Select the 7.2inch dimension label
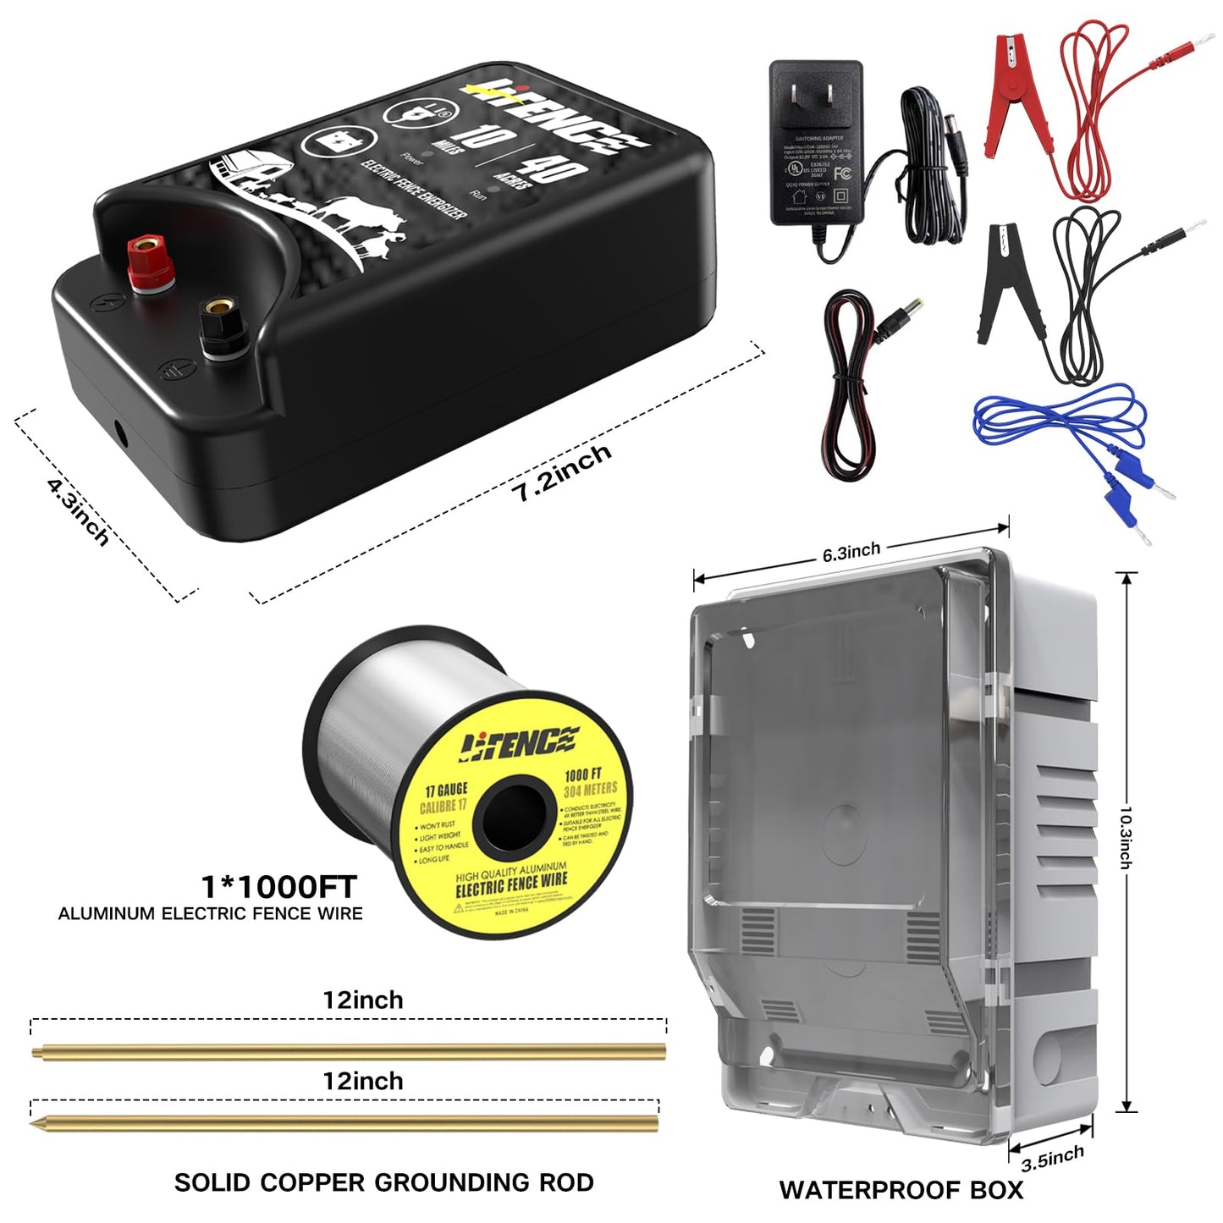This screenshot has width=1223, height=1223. pos(561,472)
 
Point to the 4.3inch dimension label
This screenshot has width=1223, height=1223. pos(79,511)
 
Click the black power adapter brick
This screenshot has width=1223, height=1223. pos(815,144)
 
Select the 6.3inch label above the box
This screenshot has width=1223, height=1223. pos(851,553)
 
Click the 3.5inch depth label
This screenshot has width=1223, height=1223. pos(1052,1158)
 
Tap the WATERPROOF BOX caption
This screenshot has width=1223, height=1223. pos(901,1190)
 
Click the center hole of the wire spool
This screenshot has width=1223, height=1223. pos(513,817)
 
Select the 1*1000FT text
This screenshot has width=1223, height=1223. pos(278,887)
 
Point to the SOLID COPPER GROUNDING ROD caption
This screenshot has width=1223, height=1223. pos(383,1182)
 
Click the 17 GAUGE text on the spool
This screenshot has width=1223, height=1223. pos(446,791)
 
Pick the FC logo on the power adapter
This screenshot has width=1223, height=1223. pos(842,174)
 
